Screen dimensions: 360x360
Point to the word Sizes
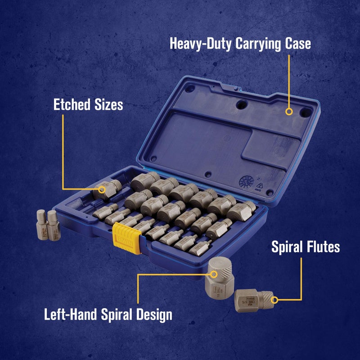[108, 105]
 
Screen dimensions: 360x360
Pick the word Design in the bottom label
[152, 314]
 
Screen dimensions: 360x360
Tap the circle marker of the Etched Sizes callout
[103, 189]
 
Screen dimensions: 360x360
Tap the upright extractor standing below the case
[218, 277]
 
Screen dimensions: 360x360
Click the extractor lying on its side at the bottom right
[253, 300]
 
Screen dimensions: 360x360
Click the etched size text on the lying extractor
[247, 299]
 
